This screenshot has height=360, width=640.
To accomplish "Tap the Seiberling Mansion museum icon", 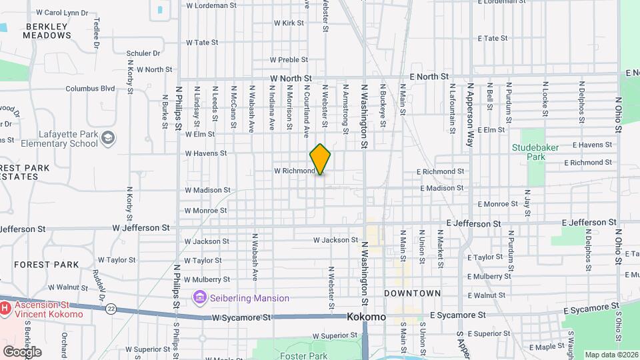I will (x=199, y=297).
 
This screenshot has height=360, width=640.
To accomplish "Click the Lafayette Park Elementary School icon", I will (x=108, y=137).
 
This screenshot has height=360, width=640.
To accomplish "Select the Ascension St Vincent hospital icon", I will (x=5, y=308).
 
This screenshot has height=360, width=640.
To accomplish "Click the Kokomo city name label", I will (x=366, y=317).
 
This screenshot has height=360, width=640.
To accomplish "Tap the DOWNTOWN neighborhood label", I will (x=412, y=293).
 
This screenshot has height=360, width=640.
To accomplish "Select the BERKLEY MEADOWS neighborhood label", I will (x=47, y=31).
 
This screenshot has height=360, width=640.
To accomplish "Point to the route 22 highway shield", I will (x=111, y=308).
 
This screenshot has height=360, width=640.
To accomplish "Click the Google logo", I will (x=21, y=351).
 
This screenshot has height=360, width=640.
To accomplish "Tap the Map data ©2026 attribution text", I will (x=610, y=355).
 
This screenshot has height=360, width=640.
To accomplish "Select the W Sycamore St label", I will (x=242, y=318).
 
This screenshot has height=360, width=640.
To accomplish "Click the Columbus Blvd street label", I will (x=90, y=88).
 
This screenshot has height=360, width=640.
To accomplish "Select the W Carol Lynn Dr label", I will (x=62, y=12).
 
